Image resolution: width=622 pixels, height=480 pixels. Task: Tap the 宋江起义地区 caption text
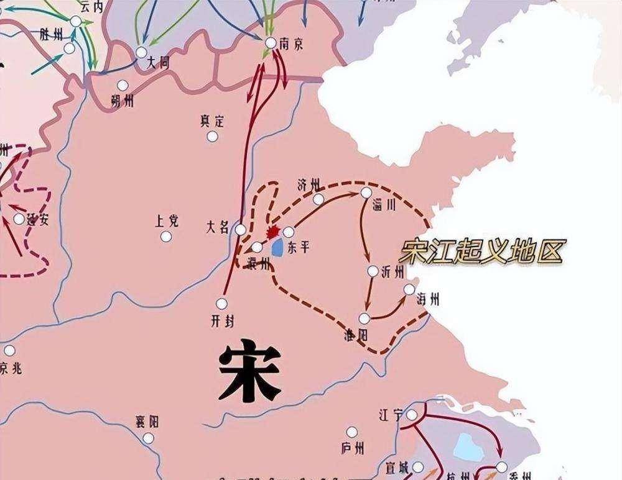(x=481, y=252)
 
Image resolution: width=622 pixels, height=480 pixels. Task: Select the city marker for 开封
(x=221, y=304)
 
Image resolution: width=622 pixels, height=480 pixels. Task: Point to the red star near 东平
(x=272, y=232)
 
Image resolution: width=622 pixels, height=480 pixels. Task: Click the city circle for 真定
(x=213, y=136)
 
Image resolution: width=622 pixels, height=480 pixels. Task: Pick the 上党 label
(x=167, y=220)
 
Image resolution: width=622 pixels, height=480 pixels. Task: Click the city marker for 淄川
(x=366, y=192)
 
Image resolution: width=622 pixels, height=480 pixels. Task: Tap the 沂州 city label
(x=393, y=272)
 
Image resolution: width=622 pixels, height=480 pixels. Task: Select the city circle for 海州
(x=409, y=289)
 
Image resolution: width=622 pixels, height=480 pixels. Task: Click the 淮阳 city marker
(x=364, y=318)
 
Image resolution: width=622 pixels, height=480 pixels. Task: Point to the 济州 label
(x=309, y=184)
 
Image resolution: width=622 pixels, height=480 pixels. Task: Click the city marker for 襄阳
(x=148, y=438)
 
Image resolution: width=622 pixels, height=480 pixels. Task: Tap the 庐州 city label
(x=353, y=447)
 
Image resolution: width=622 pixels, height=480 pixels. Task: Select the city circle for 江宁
(x=412, y=414)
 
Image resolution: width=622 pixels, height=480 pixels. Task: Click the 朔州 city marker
(x=123, y=85)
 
